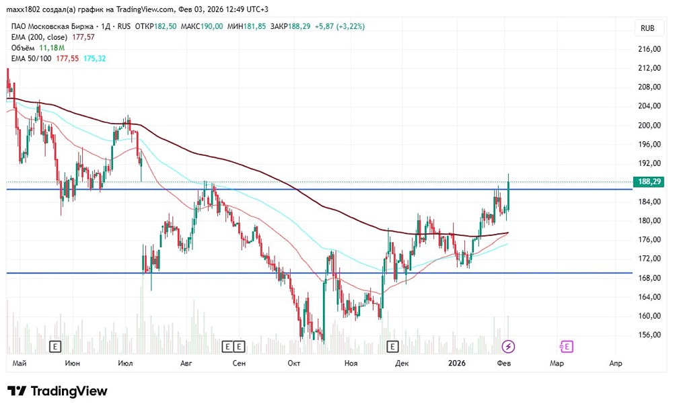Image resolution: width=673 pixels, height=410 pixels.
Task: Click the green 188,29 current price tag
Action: point(649,181)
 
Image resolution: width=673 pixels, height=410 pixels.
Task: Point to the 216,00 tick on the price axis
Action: point(649,49)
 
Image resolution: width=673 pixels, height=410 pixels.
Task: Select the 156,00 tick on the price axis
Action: point(649,335)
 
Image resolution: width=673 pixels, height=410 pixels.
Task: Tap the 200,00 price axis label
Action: point(649,125)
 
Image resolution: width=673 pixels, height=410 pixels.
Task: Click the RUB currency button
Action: point(647,28)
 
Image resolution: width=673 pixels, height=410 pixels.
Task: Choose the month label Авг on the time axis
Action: point(186,363)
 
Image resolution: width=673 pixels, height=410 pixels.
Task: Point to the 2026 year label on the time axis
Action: point(457,363)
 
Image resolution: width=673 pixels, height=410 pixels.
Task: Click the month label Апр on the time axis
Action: point(616,363)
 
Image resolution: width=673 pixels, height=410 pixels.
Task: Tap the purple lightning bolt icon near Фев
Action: point(508,346)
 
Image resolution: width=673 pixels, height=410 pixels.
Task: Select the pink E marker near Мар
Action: point(566,346)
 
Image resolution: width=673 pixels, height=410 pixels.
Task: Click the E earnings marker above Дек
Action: point(392,346)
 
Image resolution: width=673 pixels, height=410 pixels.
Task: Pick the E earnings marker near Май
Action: point(55,346)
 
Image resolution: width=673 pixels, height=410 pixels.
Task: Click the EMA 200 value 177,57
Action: point(83,37)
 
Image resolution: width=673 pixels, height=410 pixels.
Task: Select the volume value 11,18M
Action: point(52,48)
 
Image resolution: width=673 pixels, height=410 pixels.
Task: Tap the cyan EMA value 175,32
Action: point(94,58)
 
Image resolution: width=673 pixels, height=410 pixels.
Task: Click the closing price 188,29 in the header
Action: point(299,26)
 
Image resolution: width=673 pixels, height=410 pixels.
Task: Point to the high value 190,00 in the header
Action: point(211,26)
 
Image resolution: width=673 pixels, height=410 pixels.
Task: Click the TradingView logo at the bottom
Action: point(57,391)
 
